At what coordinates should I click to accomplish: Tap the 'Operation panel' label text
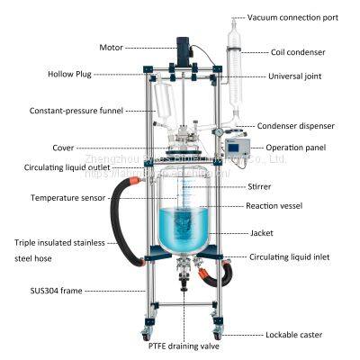304,147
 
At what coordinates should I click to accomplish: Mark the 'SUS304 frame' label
46,291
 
